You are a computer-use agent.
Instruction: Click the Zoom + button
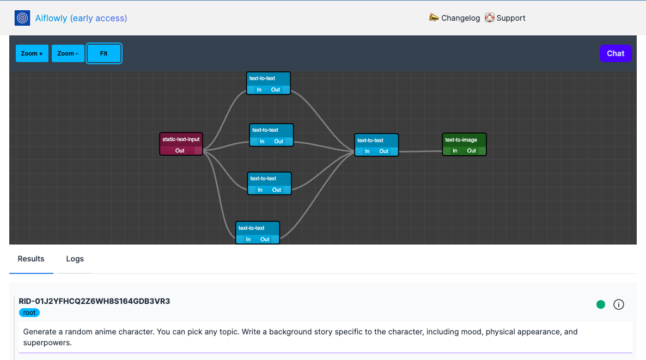coord(32,53)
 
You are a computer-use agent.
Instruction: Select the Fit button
coord(103,53)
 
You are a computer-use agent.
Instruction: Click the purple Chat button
coord(615,53)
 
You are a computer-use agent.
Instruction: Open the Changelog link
coord(455,18)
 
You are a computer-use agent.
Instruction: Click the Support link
coord(505,18)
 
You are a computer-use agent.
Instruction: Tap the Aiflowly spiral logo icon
coord(22,18)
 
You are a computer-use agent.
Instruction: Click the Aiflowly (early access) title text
coord(81,18)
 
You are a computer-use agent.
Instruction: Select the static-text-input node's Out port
coord(180,151)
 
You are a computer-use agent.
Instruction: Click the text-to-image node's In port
coord(455,151)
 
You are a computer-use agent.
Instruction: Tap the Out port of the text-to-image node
coord(472,151)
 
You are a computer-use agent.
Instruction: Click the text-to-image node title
coord(461,140)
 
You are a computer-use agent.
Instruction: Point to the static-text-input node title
coord(181,139)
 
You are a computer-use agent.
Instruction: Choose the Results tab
coord(31,259)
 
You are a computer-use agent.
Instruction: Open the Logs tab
coord(75,259)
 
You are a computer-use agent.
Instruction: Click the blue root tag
coord(29,313)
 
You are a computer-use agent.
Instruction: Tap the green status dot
coord(601,304)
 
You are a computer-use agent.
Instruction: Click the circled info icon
coord(619,304)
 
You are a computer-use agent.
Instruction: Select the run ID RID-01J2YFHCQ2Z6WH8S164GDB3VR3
coord(94,301)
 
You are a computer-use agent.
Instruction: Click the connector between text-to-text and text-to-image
coord(420,151)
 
